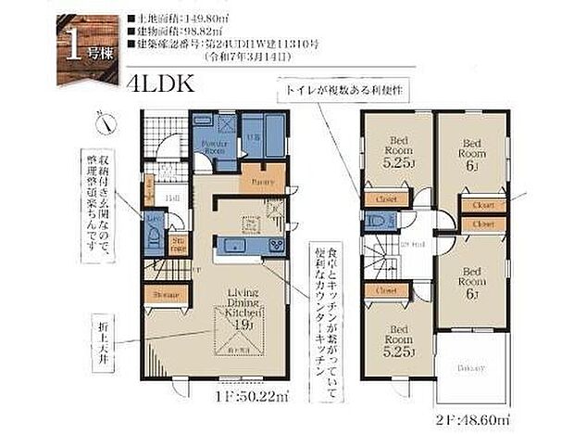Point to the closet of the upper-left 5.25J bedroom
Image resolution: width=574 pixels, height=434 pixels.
[x=382, y=198]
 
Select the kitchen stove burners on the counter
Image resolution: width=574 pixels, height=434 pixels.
[x=278, y=245]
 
